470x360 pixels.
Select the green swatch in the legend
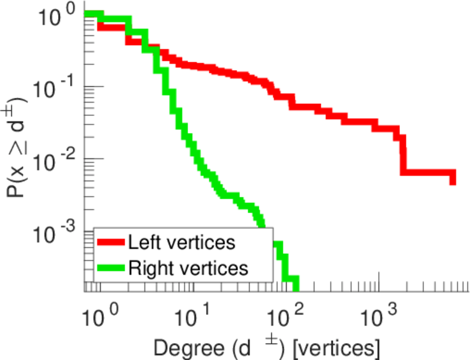(x=112, y=268)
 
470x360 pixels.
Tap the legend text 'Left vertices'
(x=181, y=243)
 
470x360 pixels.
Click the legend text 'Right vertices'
(x=187, y=268)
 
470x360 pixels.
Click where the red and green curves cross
(x=156, y=49)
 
